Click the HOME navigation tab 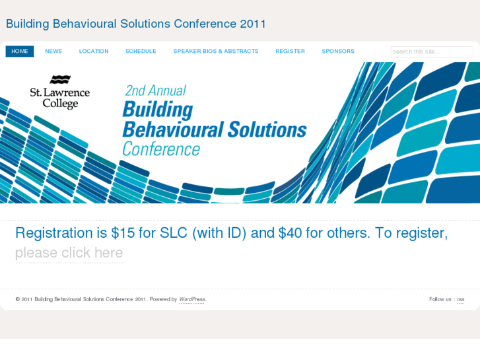point(20,52)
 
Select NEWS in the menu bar point(53,52)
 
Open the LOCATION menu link point(94,52)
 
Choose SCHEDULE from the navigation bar point(141,52)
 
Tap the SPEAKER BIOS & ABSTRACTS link point(216,52)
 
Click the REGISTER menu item point(290,52)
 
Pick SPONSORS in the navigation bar point(338,52)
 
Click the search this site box point(431,52)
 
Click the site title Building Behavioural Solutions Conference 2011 point(136,24)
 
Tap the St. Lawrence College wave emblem point(60,80)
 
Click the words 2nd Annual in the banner point(155,90)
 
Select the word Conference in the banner point(161,149)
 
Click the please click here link point(69,253)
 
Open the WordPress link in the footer point(192,300)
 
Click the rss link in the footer point(460,300)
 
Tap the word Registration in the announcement point(54,233)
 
